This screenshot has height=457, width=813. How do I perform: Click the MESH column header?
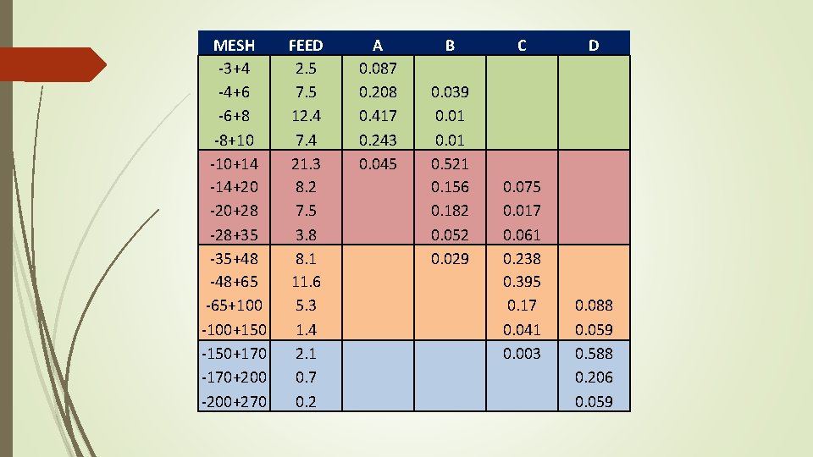(x=234, y=45)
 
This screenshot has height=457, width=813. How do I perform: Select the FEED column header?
(x=306, y=45)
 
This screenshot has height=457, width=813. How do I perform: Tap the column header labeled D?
(x=594, y=45)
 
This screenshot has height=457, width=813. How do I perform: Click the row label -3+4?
(x=234, y=67)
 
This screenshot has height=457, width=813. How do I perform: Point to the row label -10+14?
(x=234, y=163)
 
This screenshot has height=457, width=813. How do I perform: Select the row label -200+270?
(x=234, y=402)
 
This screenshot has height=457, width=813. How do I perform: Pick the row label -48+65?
(x=234, y=282)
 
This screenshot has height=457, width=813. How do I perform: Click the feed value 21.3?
(x=306, y=163)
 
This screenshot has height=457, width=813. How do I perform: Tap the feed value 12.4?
(x=306, y=115)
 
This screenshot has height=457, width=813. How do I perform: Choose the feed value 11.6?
(x=306, y=282)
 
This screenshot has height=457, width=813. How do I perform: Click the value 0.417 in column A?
(x=378, y=115)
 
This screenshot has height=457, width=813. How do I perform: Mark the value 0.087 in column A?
(x=378, y=67)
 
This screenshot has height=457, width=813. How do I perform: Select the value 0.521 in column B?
(x=450, y=163)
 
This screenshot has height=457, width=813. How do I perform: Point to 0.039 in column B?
(x=450, y=91)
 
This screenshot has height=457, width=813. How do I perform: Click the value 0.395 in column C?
(x=522, y=282)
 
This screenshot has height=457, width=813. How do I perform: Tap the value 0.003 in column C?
(x=522, y=354)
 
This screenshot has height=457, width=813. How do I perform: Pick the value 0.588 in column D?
(x=594, y=354)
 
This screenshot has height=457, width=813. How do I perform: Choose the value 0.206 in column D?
(x=594, y=377)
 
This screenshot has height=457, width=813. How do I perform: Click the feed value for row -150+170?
(x=306, y=354)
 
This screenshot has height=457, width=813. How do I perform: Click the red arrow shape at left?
(x=51, y=64)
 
